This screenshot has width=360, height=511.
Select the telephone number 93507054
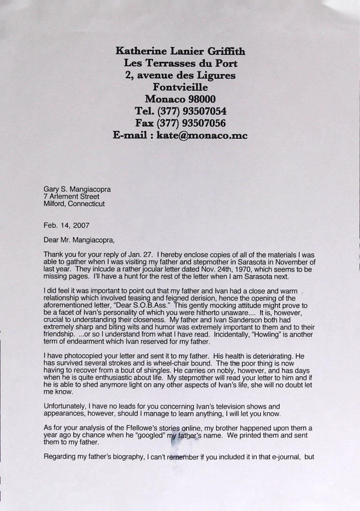[201, 110]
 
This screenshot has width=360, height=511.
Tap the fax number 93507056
[201, 123]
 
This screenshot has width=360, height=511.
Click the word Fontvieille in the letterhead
[180, 87]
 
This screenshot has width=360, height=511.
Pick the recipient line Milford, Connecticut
[74, 204]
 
